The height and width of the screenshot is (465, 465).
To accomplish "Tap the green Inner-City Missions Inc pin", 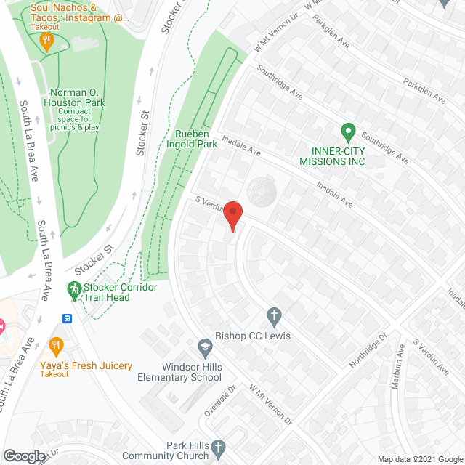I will [x=347, y=134].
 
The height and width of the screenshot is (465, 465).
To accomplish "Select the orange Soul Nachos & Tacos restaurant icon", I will [x=48, y=41].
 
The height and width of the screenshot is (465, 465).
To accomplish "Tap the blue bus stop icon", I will [x=67, y=318].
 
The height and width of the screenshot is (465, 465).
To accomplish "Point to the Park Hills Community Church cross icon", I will [x=219, y=446].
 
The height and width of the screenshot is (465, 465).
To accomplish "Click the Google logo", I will [x=23, y=456].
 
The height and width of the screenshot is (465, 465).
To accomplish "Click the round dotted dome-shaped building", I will [x=262, y=192].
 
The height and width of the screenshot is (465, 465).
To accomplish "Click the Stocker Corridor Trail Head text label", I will [x=120, y=292].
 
